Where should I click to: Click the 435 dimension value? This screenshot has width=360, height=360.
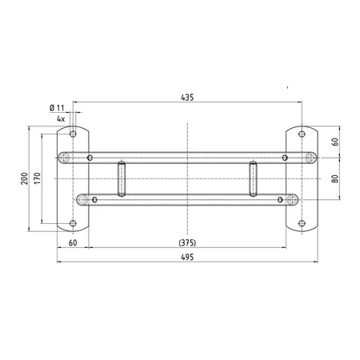187,98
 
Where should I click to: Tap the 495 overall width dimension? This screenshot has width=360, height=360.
187,258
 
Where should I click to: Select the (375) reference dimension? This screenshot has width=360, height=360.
187,243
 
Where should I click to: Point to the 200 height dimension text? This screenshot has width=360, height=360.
25,178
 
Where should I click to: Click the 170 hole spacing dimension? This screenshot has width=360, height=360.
38,178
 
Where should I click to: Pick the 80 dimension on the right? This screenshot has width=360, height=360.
335,178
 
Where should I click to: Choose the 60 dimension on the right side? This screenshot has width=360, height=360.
335,142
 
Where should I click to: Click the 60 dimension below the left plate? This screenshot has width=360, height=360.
73,243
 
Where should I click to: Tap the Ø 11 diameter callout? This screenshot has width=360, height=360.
57,108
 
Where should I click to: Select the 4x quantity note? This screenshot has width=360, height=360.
61,119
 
